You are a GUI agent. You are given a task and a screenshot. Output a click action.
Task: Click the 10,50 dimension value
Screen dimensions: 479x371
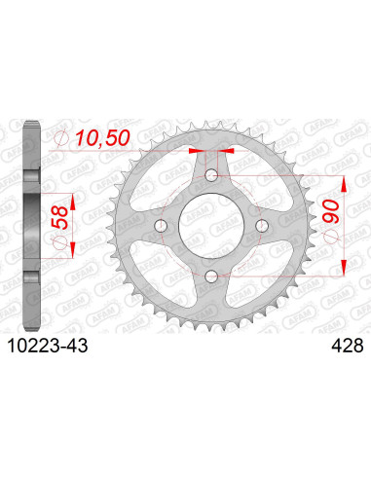[101, 140]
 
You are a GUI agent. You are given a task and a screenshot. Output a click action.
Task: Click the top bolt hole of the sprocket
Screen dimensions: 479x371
[212, 175]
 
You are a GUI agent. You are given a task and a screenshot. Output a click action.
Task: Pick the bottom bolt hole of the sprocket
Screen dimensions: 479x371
[212, 276]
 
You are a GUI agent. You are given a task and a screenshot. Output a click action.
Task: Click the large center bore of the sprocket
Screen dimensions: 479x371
[212, 226]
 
